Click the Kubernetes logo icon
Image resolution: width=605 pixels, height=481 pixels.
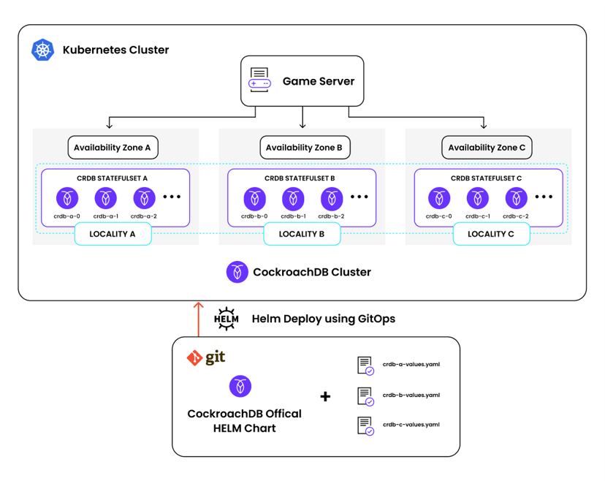[x=43, y=50]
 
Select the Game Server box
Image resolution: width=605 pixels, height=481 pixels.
[x=302, y=81]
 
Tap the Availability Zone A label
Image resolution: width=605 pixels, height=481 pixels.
[x=113, y=148]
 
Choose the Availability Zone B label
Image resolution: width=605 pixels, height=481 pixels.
[x=304, y=148]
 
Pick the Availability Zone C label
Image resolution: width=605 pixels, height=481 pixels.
[x=487, y=148]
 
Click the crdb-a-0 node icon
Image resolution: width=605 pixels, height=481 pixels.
[x=68, y=197]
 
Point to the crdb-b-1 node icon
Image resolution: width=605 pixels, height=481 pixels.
[x=293, y=197]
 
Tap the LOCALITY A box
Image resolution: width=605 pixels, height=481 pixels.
[x=113, y=234]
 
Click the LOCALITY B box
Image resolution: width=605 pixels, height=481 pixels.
[x=302, y=234]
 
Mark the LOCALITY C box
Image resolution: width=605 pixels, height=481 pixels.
[x=490, y=234]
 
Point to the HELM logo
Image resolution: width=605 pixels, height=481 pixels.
[x=227, y=319]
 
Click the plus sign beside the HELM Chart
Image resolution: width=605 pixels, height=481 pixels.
[x=325, y=396]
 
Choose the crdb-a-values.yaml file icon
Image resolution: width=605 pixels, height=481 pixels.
[x=365, y=366]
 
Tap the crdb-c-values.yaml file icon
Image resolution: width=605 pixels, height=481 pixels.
[x=365, y=425]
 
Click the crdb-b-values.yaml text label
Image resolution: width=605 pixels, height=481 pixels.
[x=411, y=395]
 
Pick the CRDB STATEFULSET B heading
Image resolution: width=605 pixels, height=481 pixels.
[x=302, y=178]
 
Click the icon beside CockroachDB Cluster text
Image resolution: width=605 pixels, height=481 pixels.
[x=237, y=272]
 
